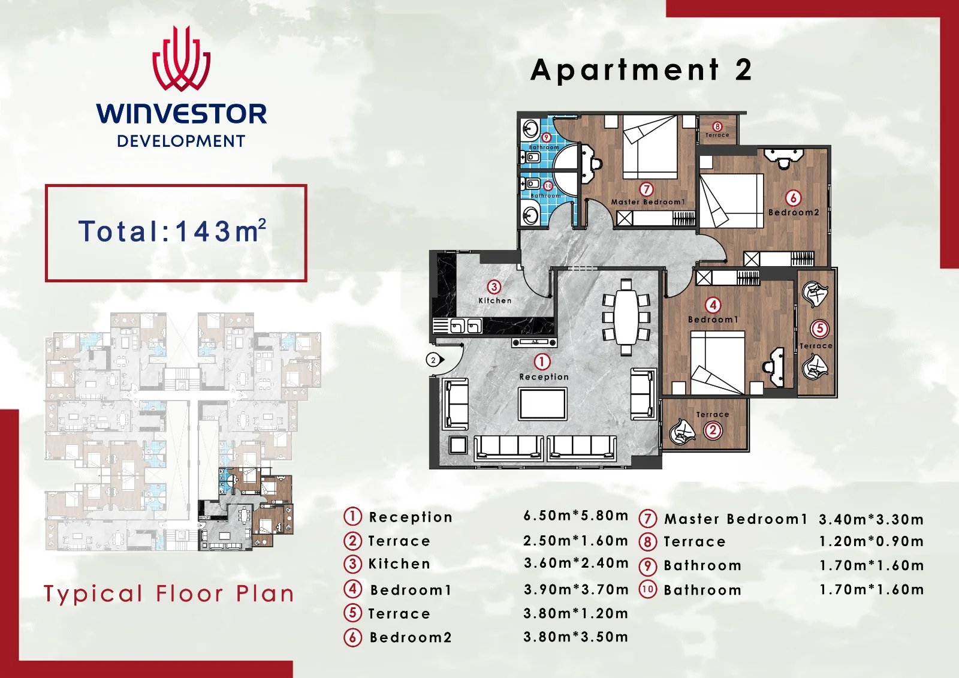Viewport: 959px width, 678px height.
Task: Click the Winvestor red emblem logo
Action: click(x=182, y=59)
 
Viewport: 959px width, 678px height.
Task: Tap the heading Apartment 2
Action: click(x=641, y=70)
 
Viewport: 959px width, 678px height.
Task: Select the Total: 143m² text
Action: click(x=172, y=231)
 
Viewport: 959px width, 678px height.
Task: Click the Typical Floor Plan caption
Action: click(x=168, y=594)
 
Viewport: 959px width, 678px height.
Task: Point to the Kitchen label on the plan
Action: click(x=495, y=301)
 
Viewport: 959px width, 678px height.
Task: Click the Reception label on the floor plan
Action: click(x=544, y=377)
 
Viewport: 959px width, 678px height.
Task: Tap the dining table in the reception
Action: click(x=626, y=317)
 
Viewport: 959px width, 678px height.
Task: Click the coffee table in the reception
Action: click(x=543, y=404)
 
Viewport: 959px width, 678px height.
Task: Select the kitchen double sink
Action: click(x=466, y=327)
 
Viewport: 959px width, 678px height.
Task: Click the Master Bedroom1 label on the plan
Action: click(x=648, y=202)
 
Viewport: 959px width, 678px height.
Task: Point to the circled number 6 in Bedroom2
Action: click(x=793, y=198)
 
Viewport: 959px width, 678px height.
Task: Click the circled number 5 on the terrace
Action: click(x=819, y=329)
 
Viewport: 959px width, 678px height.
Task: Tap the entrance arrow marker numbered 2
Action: click(x=435, y=360)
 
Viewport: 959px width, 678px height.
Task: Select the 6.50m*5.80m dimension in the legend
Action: click(x=576, y=516)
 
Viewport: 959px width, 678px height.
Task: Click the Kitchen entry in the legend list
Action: click(x=399, y=564)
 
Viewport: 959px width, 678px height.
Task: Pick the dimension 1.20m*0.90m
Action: click(x=871, y=542)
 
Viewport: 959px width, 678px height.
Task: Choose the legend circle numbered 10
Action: click(x=647, y=590)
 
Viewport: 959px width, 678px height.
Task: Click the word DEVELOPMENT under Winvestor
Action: click(x=181, y=141)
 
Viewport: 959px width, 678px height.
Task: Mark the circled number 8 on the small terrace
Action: click(x=717, y=126)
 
